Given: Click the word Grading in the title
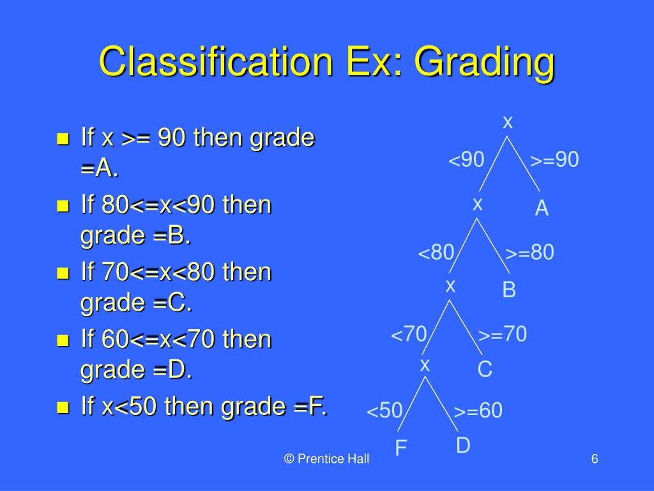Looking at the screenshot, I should pyautogui.click(x=483, y=64).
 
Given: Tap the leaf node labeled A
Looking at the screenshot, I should pyautogui.click(x=542, y=209).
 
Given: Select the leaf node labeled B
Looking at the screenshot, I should pyautogui.click(x=508, y=290).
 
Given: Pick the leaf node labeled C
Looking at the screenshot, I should pyautogui.click(x=485, y=370).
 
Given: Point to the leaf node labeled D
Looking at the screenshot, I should pyautogui.click(x=463, y=446).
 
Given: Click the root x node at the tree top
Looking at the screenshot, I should pyautogui.click(x=508, y=122).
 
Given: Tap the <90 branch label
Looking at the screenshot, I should pyautogui.click(x=466, y=160).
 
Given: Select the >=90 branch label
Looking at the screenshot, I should pyautogui.click(x=554, y=160).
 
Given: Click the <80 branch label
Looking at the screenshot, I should pyautogui.click(x=436, y=253).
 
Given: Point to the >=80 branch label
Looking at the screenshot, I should pyautogui.click(x=529, y=253).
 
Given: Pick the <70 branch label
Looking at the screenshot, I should pyautogui.click(x=409, y=334).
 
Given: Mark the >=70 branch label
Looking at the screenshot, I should pyautogui.click(x=503, y=334).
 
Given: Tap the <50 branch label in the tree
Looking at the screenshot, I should pyautogui.click(x=384, y=411).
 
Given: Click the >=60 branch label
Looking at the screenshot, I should pyautogui.click(x=478, y=411).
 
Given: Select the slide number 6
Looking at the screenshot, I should pyautogui.click(x=594, y=459).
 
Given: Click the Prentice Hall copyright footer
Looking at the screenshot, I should pyautogui.click(x=327, y=459).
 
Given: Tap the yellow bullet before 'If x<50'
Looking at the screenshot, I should pyautogui.click(x=63, y=407).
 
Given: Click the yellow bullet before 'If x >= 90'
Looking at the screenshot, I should pyautogui.click(x=63, y=139).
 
